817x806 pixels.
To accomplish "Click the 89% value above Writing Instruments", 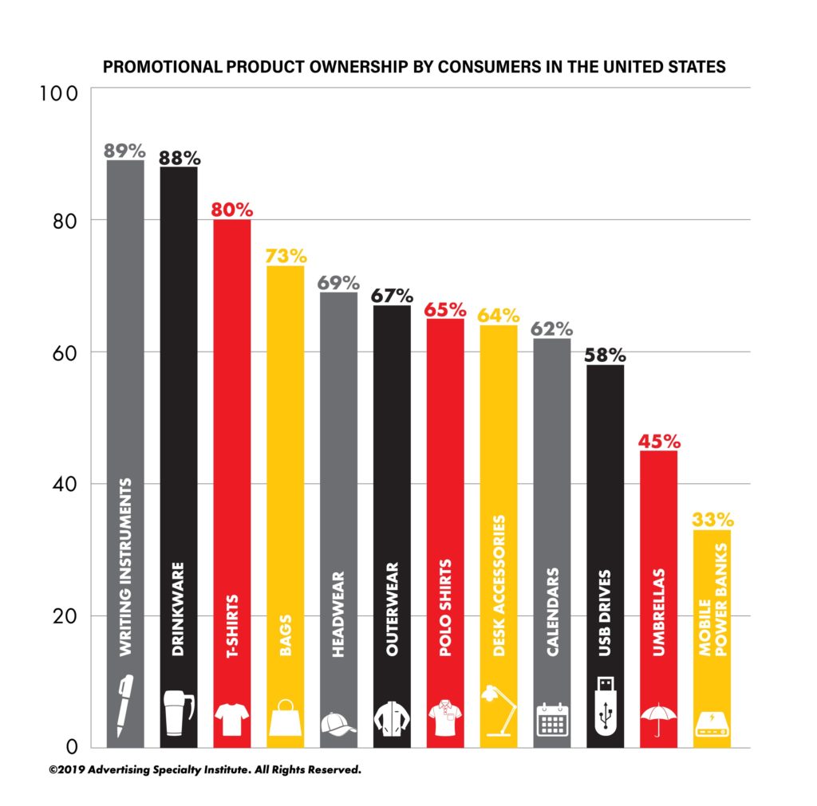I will (124, 150).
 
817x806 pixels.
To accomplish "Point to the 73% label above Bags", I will (285, 256).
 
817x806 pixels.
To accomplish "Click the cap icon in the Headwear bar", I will (338, 722).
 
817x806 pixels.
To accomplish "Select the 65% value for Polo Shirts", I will (445, 309).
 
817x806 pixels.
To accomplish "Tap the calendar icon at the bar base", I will (552, 719).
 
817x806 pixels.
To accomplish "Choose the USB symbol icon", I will (606, 705).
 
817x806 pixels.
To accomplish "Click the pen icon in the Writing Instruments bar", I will (124, 706).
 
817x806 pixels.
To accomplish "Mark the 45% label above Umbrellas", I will (659, 441).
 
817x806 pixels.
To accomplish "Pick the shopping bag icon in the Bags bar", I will (285, 719).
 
